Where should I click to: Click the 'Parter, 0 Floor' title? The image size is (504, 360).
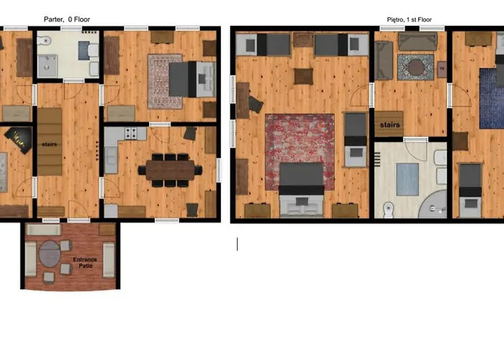click(67, 19)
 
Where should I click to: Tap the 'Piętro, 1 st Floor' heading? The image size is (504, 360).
click(409, 19)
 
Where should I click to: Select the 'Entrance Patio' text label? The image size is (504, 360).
click(85, 263)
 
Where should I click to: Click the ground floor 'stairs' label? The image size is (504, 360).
click(49, 144)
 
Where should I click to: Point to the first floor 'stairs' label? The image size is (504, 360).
click(390, 125)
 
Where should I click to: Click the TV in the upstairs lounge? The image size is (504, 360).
click(442, 69)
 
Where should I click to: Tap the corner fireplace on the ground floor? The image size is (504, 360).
click(19, 140)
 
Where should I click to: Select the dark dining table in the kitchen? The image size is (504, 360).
click(170, 170)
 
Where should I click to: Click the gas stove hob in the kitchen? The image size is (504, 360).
click(131, 133)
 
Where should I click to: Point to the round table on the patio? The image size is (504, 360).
click(50, 253)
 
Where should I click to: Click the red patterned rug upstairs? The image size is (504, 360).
click(300, 152)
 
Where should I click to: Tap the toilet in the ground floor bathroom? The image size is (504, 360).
click(45, 40)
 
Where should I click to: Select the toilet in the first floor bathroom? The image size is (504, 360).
click(389, 210)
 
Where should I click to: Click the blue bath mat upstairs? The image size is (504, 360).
click(408, 179)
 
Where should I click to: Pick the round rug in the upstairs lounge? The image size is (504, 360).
click(416, 68)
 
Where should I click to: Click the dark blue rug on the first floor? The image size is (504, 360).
click(492, 99)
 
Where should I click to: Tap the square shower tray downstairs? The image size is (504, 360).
click(48, 66)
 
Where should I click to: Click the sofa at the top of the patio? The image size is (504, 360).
click(44, 230)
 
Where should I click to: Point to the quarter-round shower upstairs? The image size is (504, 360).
click(433, 204)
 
